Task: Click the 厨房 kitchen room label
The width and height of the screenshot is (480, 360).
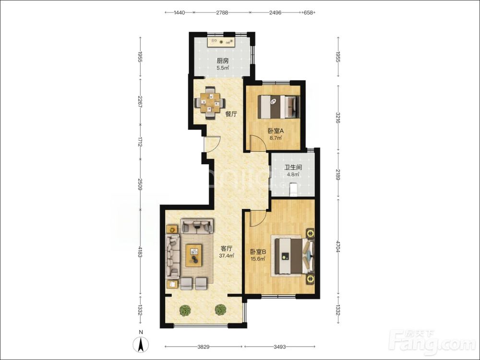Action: point(223,61)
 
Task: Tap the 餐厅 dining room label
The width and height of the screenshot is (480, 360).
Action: point(231,114)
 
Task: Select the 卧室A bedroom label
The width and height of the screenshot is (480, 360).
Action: point(276,131)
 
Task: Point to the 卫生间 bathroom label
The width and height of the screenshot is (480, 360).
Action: point(293,168)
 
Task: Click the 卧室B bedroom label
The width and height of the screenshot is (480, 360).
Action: point(258,252)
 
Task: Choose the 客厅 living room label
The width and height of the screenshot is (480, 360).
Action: point(227,249)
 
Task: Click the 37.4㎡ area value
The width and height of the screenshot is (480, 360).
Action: point(227,256)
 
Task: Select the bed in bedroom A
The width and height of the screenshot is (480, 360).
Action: point(278,107)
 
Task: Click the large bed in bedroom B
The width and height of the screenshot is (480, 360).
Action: point(294,256)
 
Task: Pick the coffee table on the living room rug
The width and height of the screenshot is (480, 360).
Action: point(193,255)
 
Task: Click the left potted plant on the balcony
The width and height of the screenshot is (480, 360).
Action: point(185,310)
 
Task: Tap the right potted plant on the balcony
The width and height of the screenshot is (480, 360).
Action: point(220,310)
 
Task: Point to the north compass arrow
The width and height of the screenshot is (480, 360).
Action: point(141,344)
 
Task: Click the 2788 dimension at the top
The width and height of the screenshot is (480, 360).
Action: point(222,12)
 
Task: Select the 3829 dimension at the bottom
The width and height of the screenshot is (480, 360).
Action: point(203,347)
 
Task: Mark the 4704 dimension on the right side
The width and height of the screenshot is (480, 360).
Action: point(338,246)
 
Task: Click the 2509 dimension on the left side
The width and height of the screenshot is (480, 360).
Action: point(140,184)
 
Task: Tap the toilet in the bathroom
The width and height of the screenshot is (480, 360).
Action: point(293,189)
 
